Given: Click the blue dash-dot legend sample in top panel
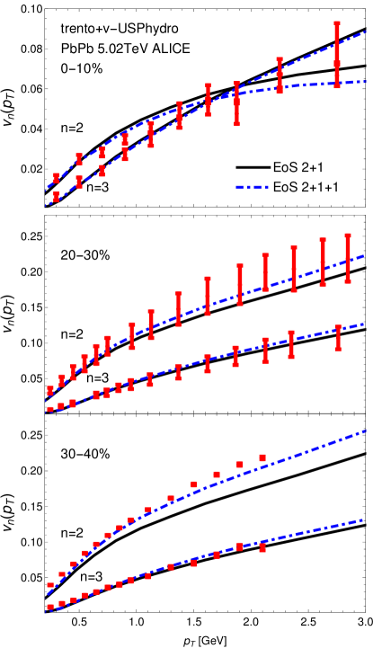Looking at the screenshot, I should pos(252,187).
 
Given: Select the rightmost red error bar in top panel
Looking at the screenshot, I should pos(337,54).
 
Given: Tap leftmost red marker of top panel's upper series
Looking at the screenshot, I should pos(56,178).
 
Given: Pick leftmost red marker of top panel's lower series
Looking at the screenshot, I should pos(56,196).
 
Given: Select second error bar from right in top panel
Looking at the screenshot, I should pos(280,75).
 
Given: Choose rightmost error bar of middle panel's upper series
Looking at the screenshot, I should pos(348,259).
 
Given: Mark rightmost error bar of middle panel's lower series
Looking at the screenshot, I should pos(339,338).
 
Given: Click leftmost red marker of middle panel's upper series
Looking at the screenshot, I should pos(50,391).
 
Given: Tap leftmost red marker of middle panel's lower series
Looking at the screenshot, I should pos(50,409).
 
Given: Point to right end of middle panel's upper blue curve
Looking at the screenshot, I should pos(364,256).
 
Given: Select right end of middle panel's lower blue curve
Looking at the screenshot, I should pos(364,324).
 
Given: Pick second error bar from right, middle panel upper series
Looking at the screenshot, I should pos(323,262).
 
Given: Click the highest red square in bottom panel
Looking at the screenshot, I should pos(262,457).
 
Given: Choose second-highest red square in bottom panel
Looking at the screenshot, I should pos(239,465).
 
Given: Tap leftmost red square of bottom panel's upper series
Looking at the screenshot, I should pos(50,585).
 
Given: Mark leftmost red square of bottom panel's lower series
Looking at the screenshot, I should pos(50,608).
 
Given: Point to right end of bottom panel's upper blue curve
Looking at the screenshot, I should pos(365,431).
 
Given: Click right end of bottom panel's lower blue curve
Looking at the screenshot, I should pos(363,519).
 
